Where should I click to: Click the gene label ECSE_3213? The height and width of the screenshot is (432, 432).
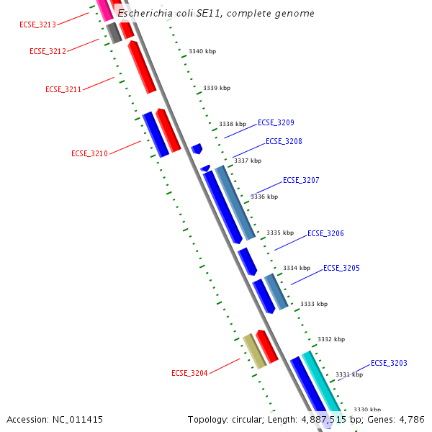(37, 24)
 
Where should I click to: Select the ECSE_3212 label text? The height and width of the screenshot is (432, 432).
(48, 51)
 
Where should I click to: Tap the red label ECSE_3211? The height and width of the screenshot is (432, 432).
(63, 89)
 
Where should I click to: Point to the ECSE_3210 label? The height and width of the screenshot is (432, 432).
(89, 153)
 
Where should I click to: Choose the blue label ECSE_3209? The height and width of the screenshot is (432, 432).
(276, 122)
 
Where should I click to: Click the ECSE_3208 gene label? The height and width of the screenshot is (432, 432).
(284, 141)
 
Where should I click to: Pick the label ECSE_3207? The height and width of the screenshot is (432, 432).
(301, 180)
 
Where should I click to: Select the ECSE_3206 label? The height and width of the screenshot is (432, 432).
(325, 233)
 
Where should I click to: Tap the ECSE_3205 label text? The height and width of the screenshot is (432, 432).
(341, 268)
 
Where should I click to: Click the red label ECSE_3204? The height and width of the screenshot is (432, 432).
(189, 373)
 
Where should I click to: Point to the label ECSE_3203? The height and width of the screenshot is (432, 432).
(389, 363)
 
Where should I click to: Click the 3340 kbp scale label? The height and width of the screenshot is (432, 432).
(202, 52)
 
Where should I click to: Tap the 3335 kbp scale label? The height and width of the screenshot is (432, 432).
(280, 233)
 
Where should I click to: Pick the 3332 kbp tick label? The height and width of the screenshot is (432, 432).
(331, 339)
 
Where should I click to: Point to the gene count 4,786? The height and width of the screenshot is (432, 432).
(410, 419)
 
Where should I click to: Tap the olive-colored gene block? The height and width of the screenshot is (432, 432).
(254, 351)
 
